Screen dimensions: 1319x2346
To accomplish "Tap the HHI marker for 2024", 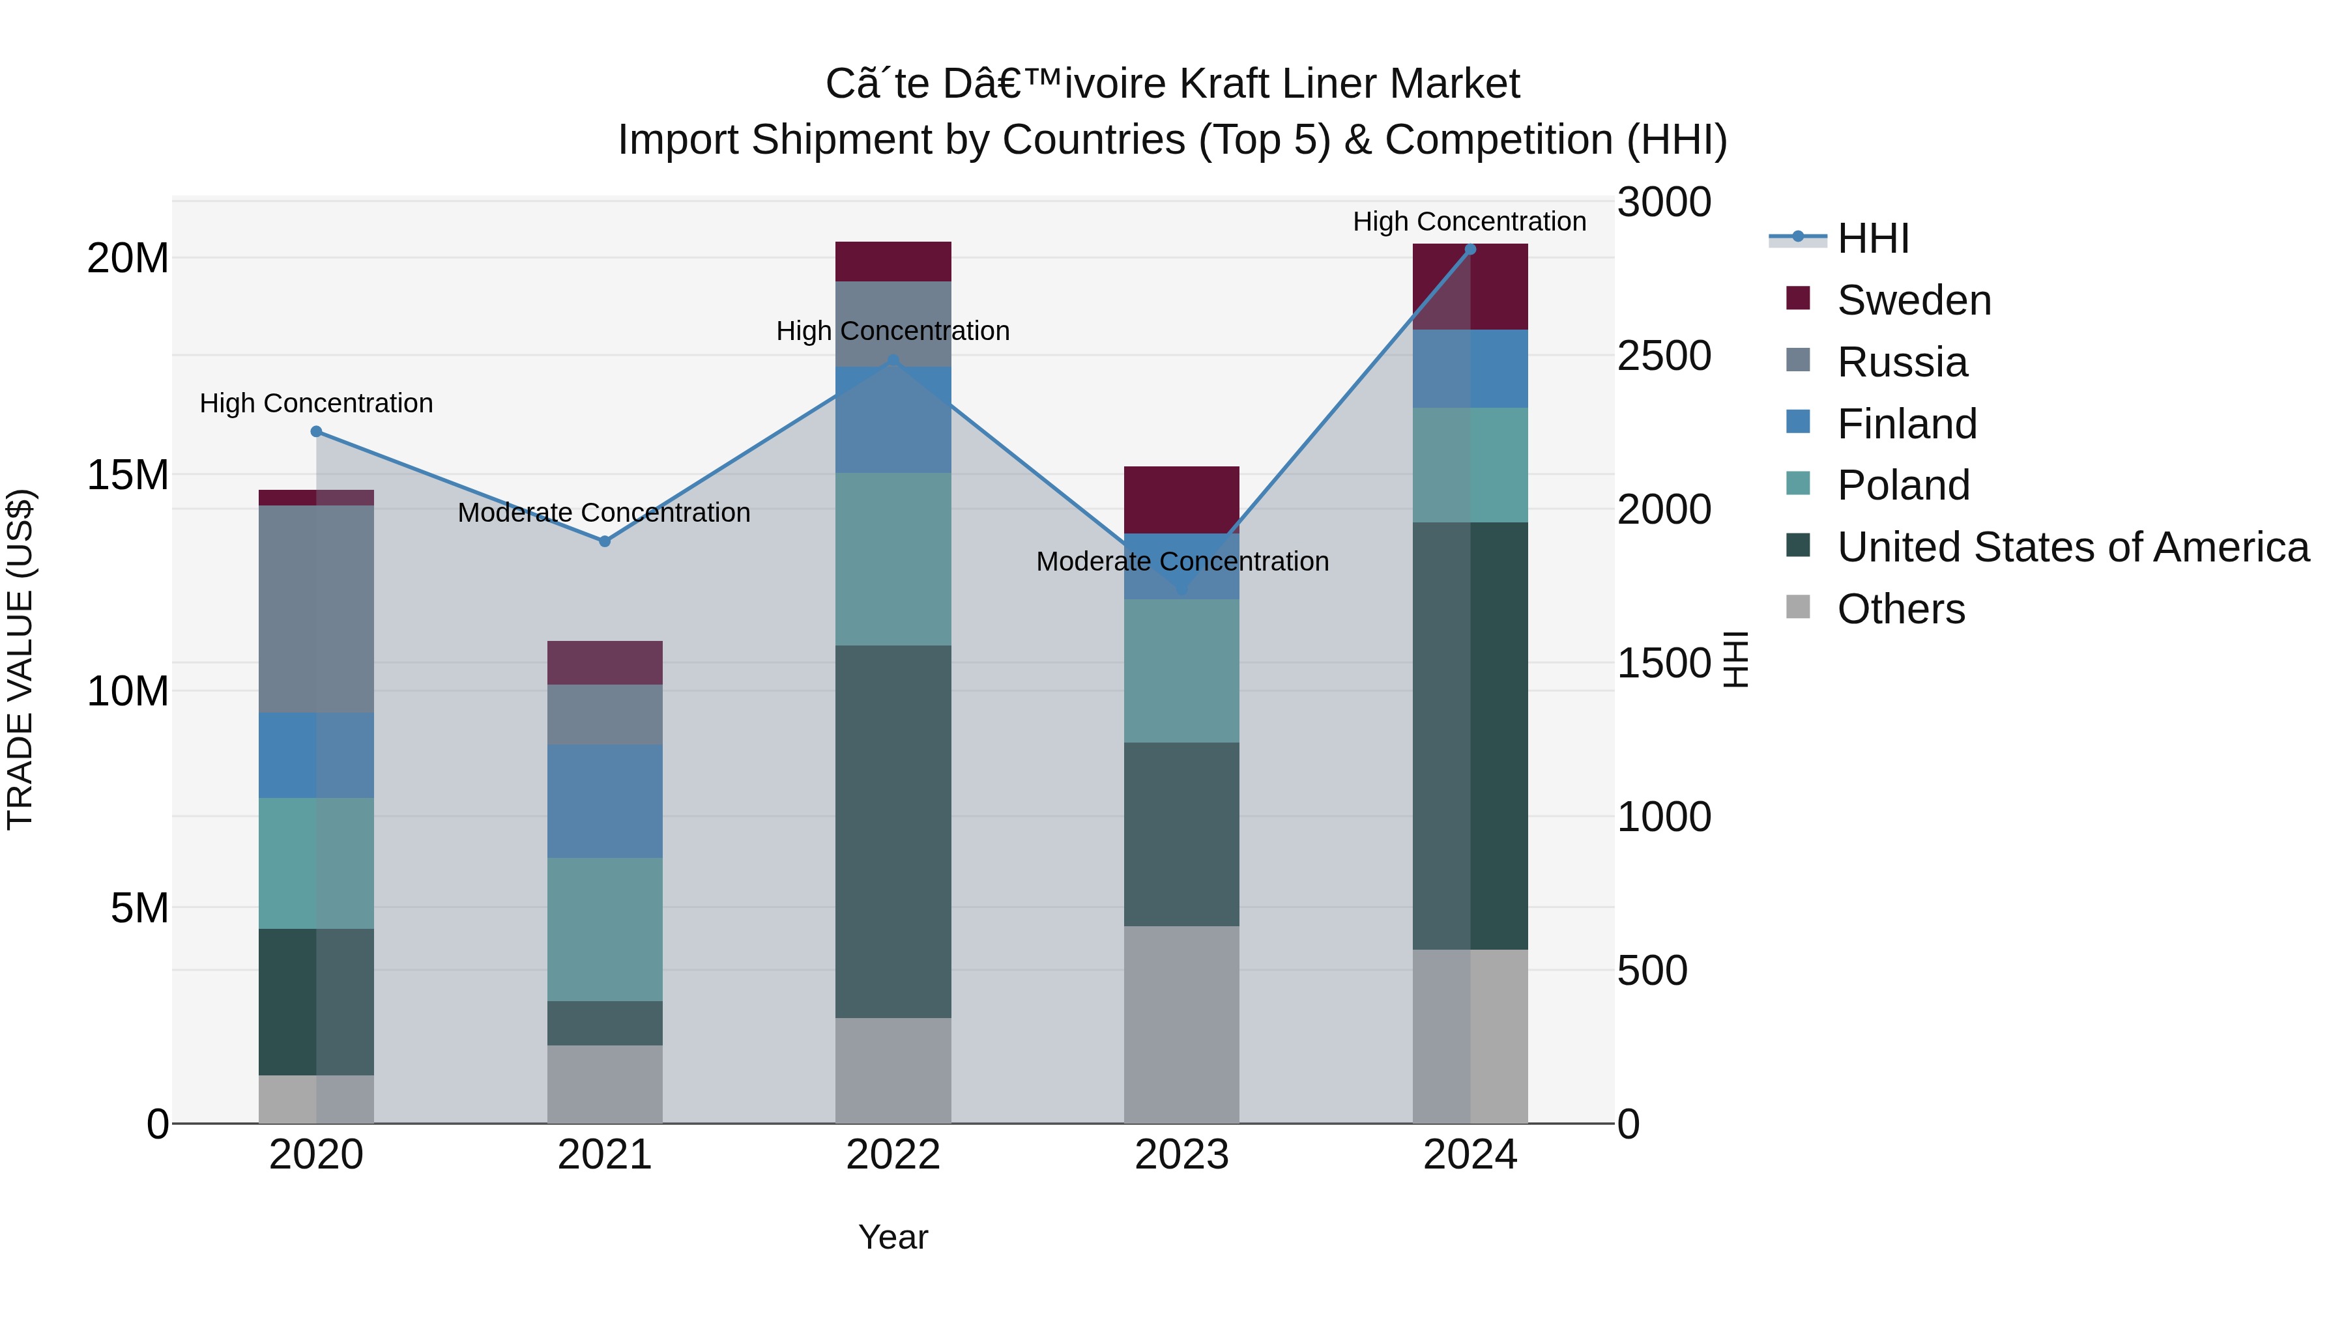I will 1470,249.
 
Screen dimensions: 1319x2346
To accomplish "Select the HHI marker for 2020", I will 316,431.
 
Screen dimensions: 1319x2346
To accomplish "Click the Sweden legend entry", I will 1913,300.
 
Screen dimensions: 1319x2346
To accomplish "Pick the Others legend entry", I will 1900,609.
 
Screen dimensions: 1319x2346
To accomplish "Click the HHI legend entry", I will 1872,238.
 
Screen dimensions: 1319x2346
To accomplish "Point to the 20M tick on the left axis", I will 128,259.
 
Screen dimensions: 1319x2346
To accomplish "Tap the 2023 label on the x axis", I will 1181,1155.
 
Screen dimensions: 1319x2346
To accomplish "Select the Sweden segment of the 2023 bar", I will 1181,500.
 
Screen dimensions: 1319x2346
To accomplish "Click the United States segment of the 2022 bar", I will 893,831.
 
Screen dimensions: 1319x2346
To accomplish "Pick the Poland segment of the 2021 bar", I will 604,929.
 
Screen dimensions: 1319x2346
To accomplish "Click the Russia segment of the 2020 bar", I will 316,609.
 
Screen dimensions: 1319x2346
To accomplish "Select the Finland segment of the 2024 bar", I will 1470,369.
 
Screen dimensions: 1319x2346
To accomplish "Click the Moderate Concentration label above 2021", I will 604,513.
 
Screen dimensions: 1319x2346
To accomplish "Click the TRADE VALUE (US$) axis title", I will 20,659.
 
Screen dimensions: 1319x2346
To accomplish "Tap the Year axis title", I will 893,1237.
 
